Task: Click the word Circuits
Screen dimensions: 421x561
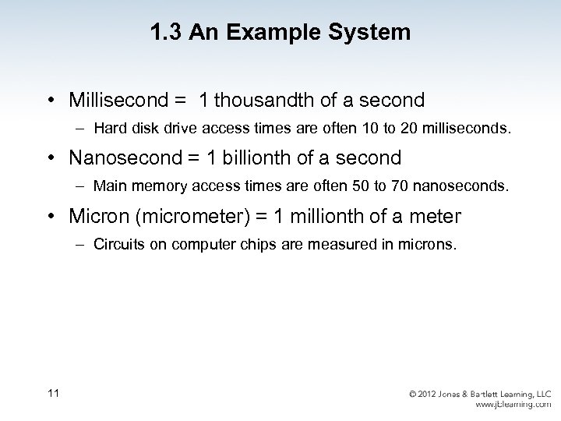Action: pyautogui.click(x=117, y=244)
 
